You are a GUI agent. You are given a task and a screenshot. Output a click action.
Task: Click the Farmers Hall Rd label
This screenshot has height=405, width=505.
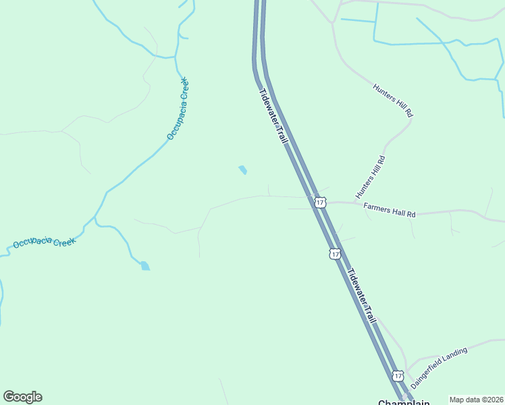coord(390,210)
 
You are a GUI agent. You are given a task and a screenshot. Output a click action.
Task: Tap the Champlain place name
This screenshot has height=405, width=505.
coord(404,402)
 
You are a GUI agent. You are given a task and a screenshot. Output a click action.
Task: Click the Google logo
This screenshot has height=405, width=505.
coord(22,397)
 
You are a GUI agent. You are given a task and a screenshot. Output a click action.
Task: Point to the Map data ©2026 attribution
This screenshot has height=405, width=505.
coord(476,400)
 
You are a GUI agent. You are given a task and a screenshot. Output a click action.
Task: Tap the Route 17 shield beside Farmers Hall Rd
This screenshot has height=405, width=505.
coord(321,202)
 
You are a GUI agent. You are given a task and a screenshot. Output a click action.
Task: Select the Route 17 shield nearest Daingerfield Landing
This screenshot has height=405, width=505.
coord(398,375)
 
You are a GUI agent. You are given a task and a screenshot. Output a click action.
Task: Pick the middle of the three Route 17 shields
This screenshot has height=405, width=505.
coord(335,254)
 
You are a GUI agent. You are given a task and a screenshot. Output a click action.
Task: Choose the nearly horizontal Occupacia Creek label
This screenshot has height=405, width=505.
coord(45,242)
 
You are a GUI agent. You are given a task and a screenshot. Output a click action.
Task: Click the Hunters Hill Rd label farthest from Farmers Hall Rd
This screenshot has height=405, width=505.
coord(393,101)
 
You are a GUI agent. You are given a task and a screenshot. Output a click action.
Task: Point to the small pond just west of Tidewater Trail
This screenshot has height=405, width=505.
coord(242,170)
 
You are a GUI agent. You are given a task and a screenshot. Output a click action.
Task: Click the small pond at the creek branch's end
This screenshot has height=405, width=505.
coord(145,266)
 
